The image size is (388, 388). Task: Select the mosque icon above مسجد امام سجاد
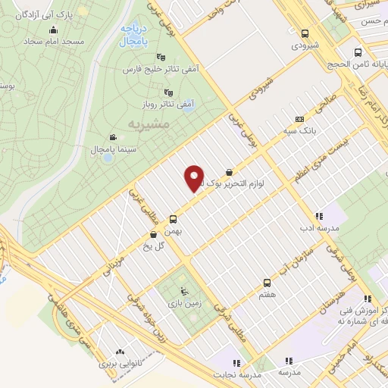click(x=54, y=30)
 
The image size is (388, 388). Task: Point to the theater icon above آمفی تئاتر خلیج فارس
click(x=160, y=58)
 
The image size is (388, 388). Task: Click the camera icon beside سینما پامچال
click(x=112, y=137)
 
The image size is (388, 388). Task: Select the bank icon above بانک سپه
click(x=299, y=119)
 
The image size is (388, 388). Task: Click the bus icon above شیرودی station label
click(x=305, y=33)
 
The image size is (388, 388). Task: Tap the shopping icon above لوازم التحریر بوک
click(x=229, y=173)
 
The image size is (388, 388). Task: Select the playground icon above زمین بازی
click(x=183, y=291)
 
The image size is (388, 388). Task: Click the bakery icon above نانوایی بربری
click(x=119, y=352)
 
